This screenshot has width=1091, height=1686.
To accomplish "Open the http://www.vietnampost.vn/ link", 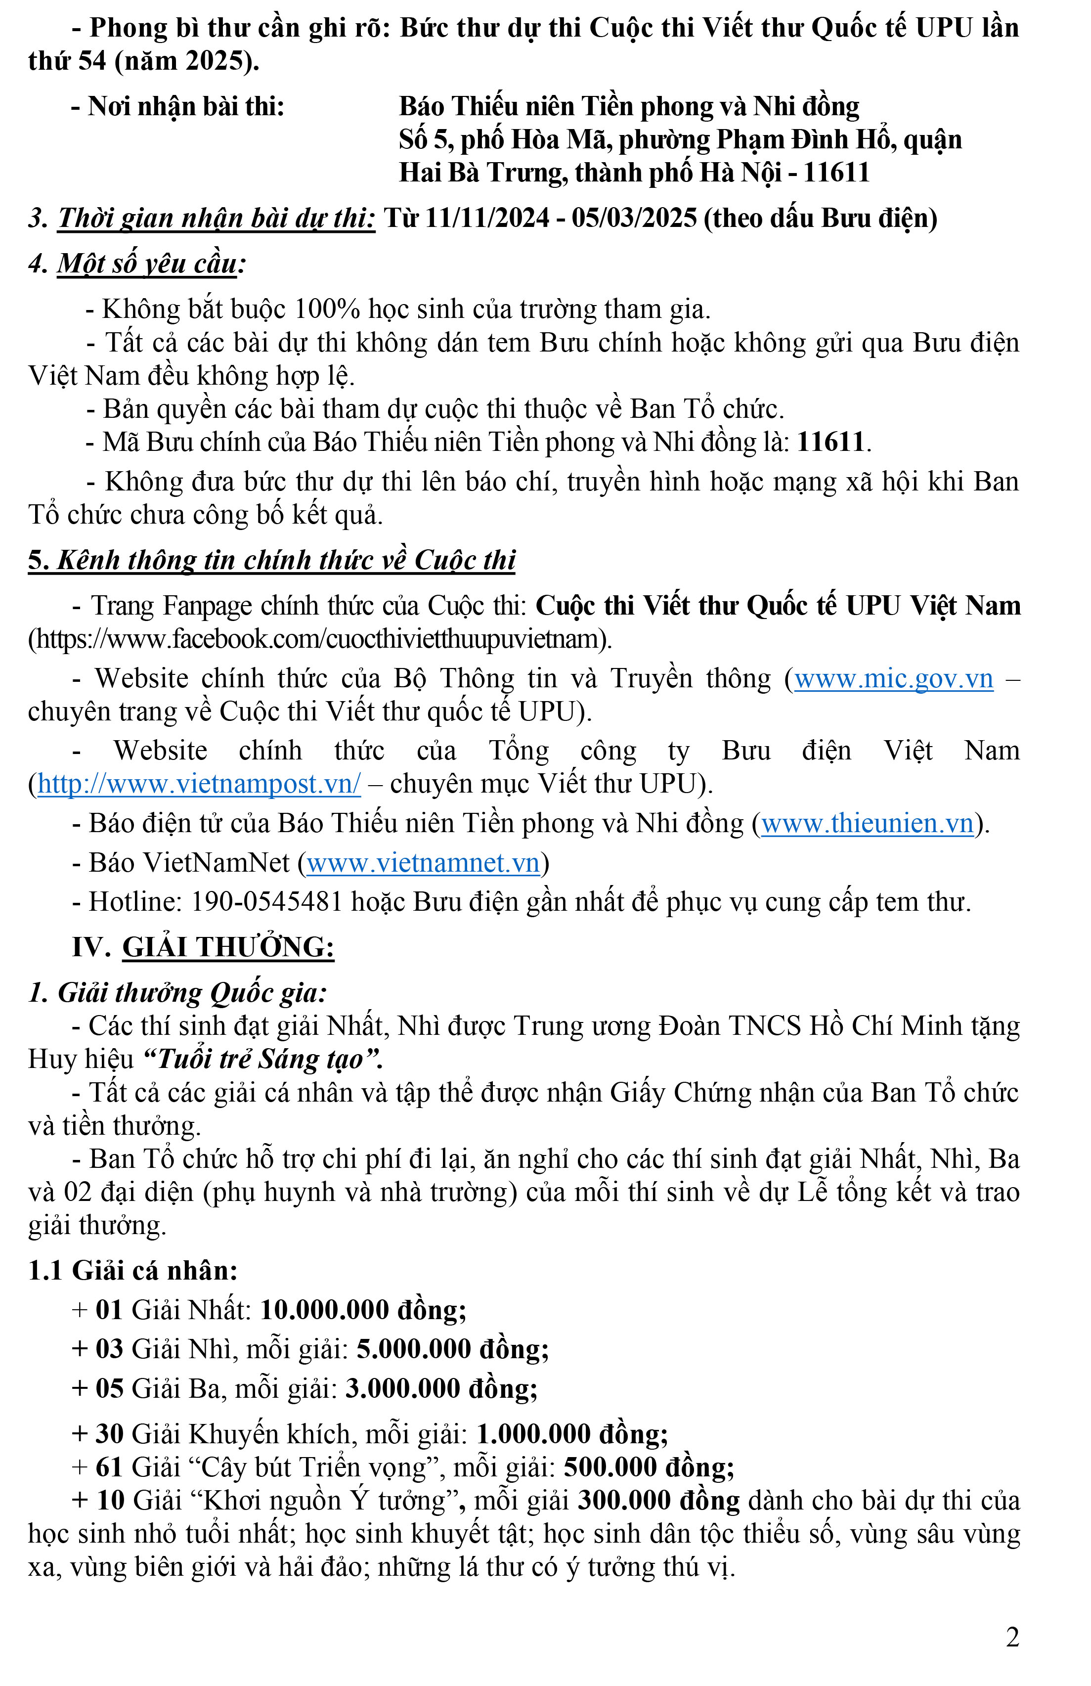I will pyautogui.click(x=199, y=784).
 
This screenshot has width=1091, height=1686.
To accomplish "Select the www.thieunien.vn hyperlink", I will pyautogui.click(x=867, y=823).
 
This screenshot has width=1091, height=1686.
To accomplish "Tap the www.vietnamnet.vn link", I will pyautogui.click(x=423, y=863).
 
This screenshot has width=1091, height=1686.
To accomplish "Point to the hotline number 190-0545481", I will pyautogui.click(x=267, y=902).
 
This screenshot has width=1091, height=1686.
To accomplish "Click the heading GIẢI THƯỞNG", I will pyautogui.click(x=228, y=947).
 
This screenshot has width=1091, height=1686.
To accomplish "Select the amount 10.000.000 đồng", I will pyautogui.click(x=363, y=1310).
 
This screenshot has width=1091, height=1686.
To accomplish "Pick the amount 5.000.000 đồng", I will pyautogui.click(x=452, y=1349).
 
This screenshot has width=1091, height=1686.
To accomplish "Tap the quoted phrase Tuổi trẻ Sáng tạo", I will pyautogui.click(x=262, y=1059).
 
